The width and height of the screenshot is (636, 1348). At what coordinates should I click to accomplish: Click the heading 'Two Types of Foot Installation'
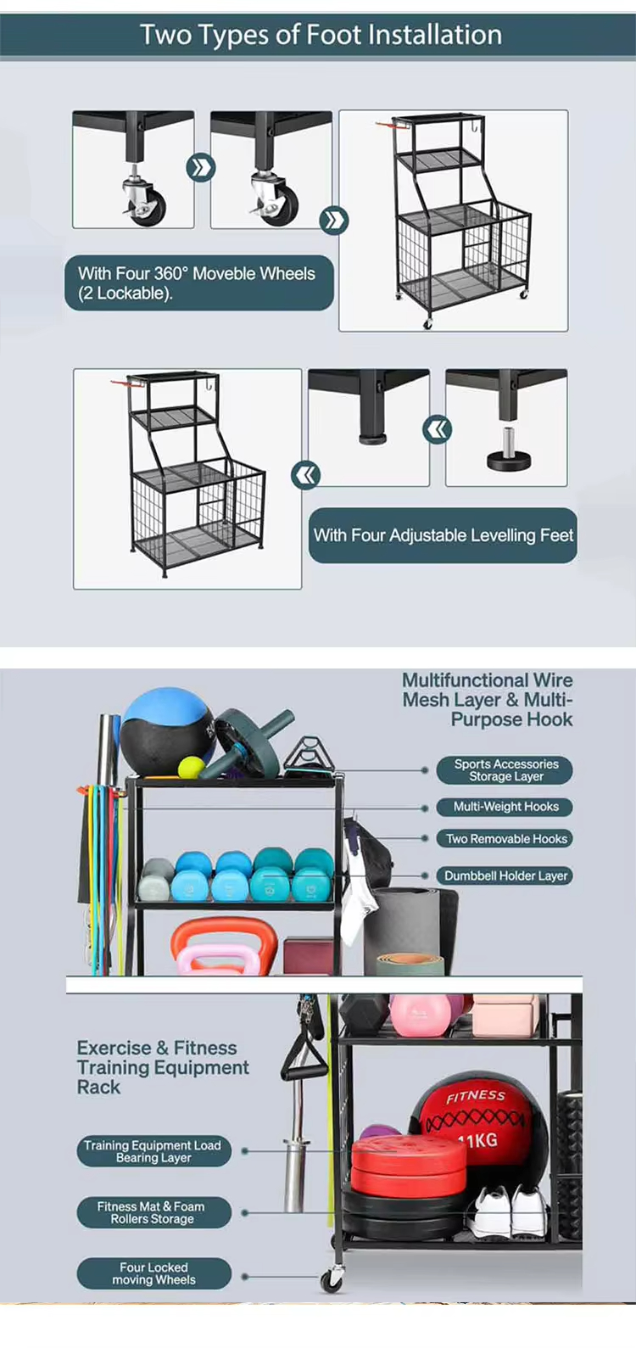coord(321,35)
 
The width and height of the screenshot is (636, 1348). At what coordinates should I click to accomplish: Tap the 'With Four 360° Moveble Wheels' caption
coord(196,274)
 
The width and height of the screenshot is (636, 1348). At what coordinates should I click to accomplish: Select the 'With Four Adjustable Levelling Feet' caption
coord(444,535)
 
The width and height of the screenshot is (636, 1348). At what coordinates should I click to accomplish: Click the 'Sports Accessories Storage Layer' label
coord(506,770)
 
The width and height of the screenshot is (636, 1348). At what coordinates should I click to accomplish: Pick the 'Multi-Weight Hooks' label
coord(506,807)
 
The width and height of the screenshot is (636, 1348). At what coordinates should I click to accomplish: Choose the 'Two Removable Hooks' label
coord(506,839)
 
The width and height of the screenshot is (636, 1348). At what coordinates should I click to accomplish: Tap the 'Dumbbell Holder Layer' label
coord(506,875)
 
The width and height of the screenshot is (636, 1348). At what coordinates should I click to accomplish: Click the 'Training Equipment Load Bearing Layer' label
coord(153,1151)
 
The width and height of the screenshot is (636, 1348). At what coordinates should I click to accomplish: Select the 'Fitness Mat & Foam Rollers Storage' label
coord(153,1212)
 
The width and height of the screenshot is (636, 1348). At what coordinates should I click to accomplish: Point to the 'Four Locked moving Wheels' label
coord(153,1273)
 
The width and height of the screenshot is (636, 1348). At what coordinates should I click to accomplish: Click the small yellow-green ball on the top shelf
coord(192,767)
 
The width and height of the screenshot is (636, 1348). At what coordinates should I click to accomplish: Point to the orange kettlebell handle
coord(224,931)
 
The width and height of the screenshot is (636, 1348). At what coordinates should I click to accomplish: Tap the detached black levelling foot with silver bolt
coord(509,451)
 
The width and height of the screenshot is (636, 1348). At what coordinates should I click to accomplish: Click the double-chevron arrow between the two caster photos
coord(201,168)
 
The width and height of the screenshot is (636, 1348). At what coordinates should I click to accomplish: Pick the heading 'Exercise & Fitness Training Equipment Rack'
coord(163,1067)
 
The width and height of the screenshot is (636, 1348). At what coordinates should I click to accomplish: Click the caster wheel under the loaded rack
coord(332,1278)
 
